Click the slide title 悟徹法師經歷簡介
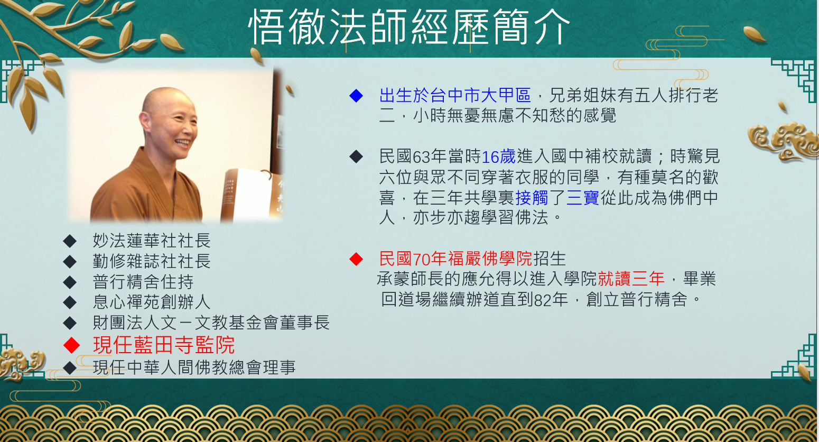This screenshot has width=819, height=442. [409, 27]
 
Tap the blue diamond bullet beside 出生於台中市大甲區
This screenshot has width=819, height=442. [356, 96]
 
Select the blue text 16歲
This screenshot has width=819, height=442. [498, 157]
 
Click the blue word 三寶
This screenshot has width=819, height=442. [583, 198]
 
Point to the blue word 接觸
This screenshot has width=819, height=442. [532, 198]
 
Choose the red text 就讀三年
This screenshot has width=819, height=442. [631, 279]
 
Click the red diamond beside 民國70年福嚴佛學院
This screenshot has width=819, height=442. [356, 259]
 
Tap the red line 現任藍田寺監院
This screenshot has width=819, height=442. [164, 345]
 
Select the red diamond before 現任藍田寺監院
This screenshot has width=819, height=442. [72, 345]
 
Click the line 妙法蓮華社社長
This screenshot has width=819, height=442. [152, 241]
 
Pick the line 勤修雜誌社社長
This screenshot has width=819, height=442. [152, 261]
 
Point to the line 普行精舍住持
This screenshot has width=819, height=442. [143, 282]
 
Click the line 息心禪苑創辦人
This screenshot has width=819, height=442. [152, 302]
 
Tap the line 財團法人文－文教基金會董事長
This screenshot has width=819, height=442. [211, 323]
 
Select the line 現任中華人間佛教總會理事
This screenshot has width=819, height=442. [194, 367]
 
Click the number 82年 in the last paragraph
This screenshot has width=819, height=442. [551, 300]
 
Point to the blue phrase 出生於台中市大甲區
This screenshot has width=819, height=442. [455, 96]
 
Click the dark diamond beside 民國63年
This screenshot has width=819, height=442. [356, 157]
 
